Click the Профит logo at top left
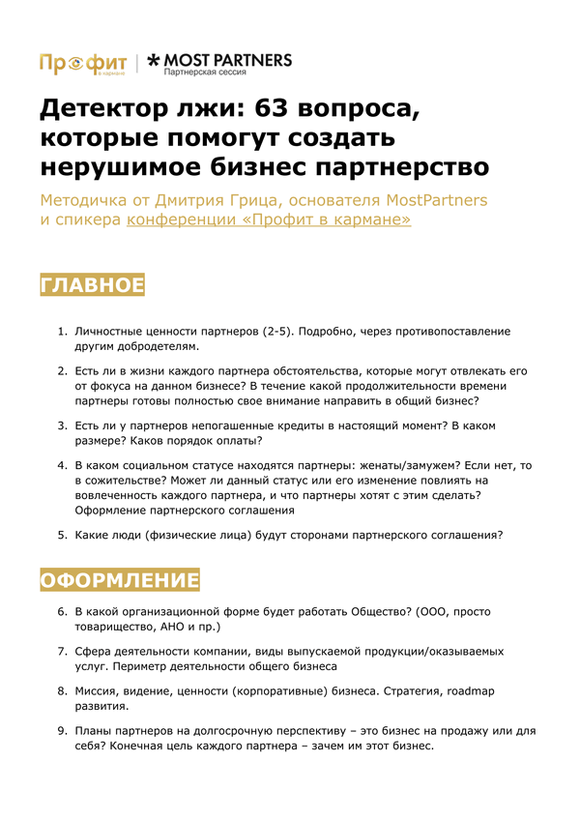tap(83, 63)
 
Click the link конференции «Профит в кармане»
tap(269, 220)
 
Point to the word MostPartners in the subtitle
tap(437, 200)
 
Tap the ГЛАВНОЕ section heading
tap(92, 285)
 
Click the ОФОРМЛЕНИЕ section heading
tap(119, 580)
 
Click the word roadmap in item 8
tap(475, 691)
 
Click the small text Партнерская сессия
tap(205, 73)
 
